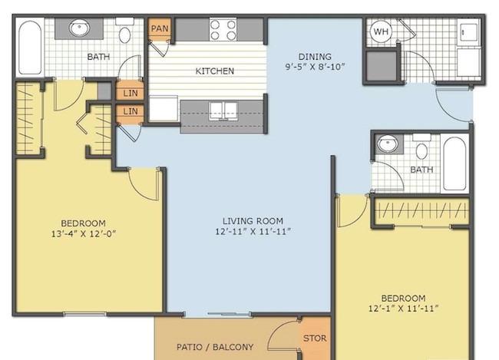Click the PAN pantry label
tap(160, 28)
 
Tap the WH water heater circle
tap(382, 31)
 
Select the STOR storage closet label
tap(315, 338)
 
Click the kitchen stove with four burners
tap(223, 30)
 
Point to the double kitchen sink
tap(223, 111)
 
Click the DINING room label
tap(315, 57)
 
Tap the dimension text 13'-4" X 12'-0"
tap(84, 234)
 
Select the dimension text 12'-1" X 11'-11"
tap(404, 309)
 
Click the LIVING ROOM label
tap(253, 221)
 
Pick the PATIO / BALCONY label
tap(215, 347)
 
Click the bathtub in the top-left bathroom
tap(30, 48)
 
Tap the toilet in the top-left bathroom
tap(124, 31)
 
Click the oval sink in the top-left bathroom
tap(79, 28)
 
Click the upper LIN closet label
tap(131, 94)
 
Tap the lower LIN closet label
tap(131, 111)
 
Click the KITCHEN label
tap(214, 71)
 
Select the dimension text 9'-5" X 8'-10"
tap(315, 67)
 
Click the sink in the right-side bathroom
tap(387, 144)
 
